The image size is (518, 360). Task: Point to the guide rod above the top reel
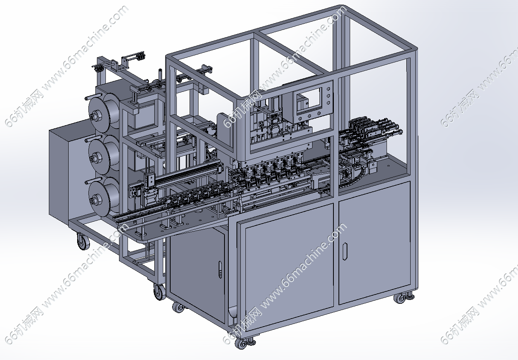tap(93, 96)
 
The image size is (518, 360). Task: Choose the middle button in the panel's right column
tap(328, 96)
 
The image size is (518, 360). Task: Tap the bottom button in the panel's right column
tap(328, 103)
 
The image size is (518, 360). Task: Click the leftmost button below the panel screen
tap(300, 119)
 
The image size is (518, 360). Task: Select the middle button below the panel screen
tap(309, 116)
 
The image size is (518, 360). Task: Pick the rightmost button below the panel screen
tap(319, 114)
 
